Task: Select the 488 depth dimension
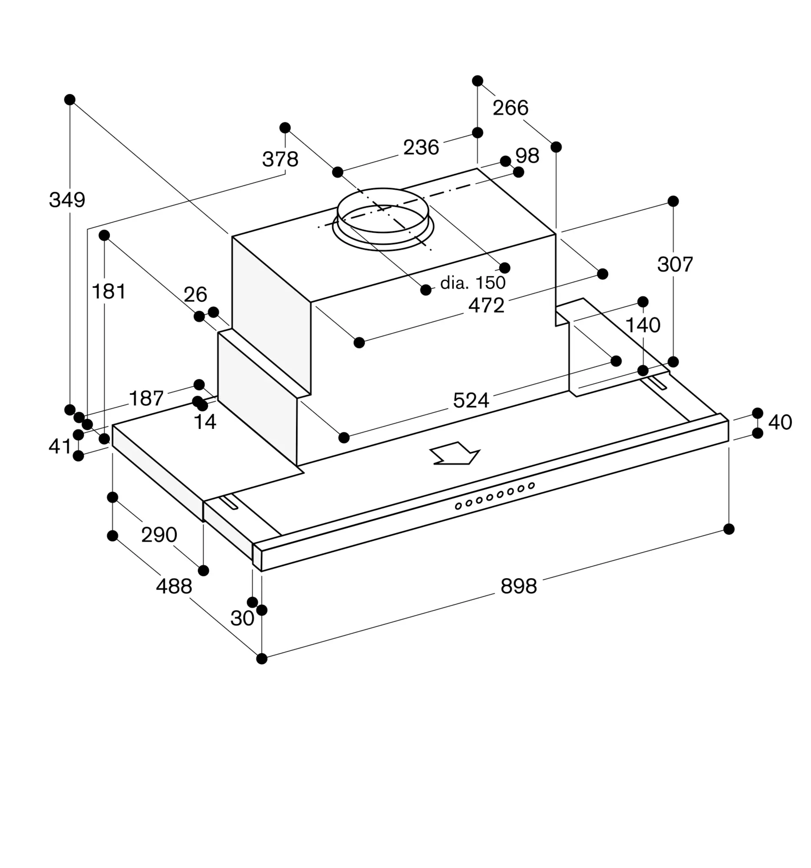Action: (x=174, y=586)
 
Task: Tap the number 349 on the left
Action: (x=67, y=200)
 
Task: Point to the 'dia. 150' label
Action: (x=472, y=283)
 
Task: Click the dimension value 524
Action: (x=471, y=401)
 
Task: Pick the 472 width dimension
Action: (x=486, y=305)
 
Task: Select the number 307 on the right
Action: (x=675, y=264)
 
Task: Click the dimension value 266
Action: (x=510, y=108)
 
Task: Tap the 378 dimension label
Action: (x=280, y=159)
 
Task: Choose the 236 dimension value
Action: (x=421, y=148)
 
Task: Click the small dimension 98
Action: (x=527, y=156)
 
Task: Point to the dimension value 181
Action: (x=109, y=291)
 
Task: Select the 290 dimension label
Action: (x=159, y=534)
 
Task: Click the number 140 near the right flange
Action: (x=643, y=325)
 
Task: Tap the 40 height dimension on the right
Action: (x=780, y=422)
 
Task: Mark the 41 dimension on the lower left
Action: (x=60, y=446)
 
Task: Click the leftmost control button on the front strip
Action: (x=458, y=506)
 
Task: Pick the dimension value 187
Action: (x=146, y=398)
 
